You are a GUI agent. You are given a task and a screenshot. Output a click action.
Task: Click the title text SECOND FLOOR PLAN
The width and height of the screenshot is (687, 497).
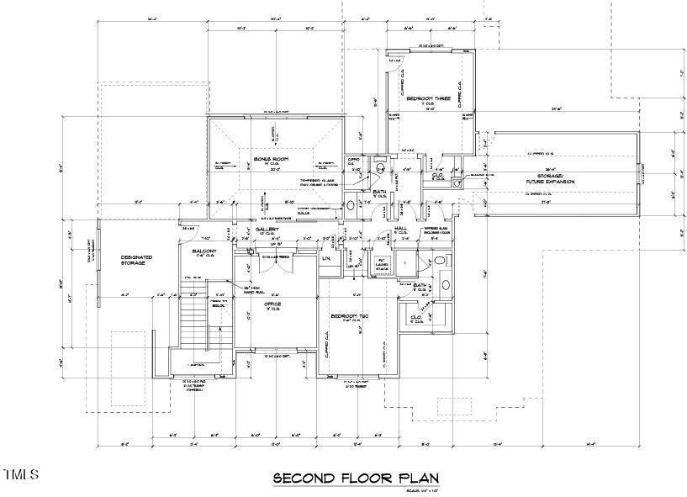(356, 478)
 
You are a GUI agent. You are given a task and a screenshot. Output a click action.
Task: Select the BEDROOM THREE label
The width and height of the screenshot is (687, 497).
(428, 99)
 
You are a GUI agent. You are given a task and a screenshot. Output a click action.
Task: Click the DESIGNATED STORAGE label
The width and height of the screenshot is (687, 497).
(132, 260)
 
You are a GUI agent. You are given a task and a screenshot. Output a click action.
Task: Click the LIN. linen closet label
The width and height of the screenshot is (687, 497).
(326, 258)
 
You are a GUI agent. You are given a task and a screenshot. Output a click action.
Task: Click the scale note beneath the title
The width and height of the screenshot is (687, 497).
(424, 490)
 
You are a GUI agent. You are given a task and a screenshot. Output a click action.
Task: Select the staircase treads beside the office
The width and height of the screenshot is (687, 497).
(193, 315)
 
